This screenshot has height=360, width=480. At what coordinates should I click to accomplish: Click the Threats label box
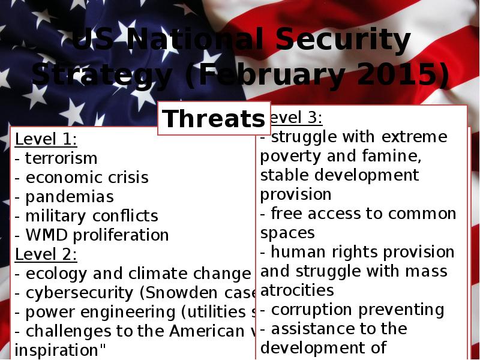coord(213,119)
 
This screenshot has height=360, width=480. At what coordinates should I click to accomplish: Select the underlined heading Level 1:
coord(46,139)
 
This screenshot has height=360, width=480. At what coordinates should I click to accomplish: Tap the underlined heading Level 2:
coord(46,254)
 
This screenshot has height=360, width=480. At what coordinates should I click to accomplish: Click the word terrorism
coord(61,158)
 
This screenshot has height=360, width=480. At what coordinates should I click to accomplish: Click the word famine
coord(396,156)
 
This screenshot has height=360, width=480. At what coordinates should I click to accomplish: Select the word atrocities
coord(297,290)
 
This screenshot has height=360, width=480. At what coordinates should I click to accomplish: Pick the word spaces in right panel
coord(287,233)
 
